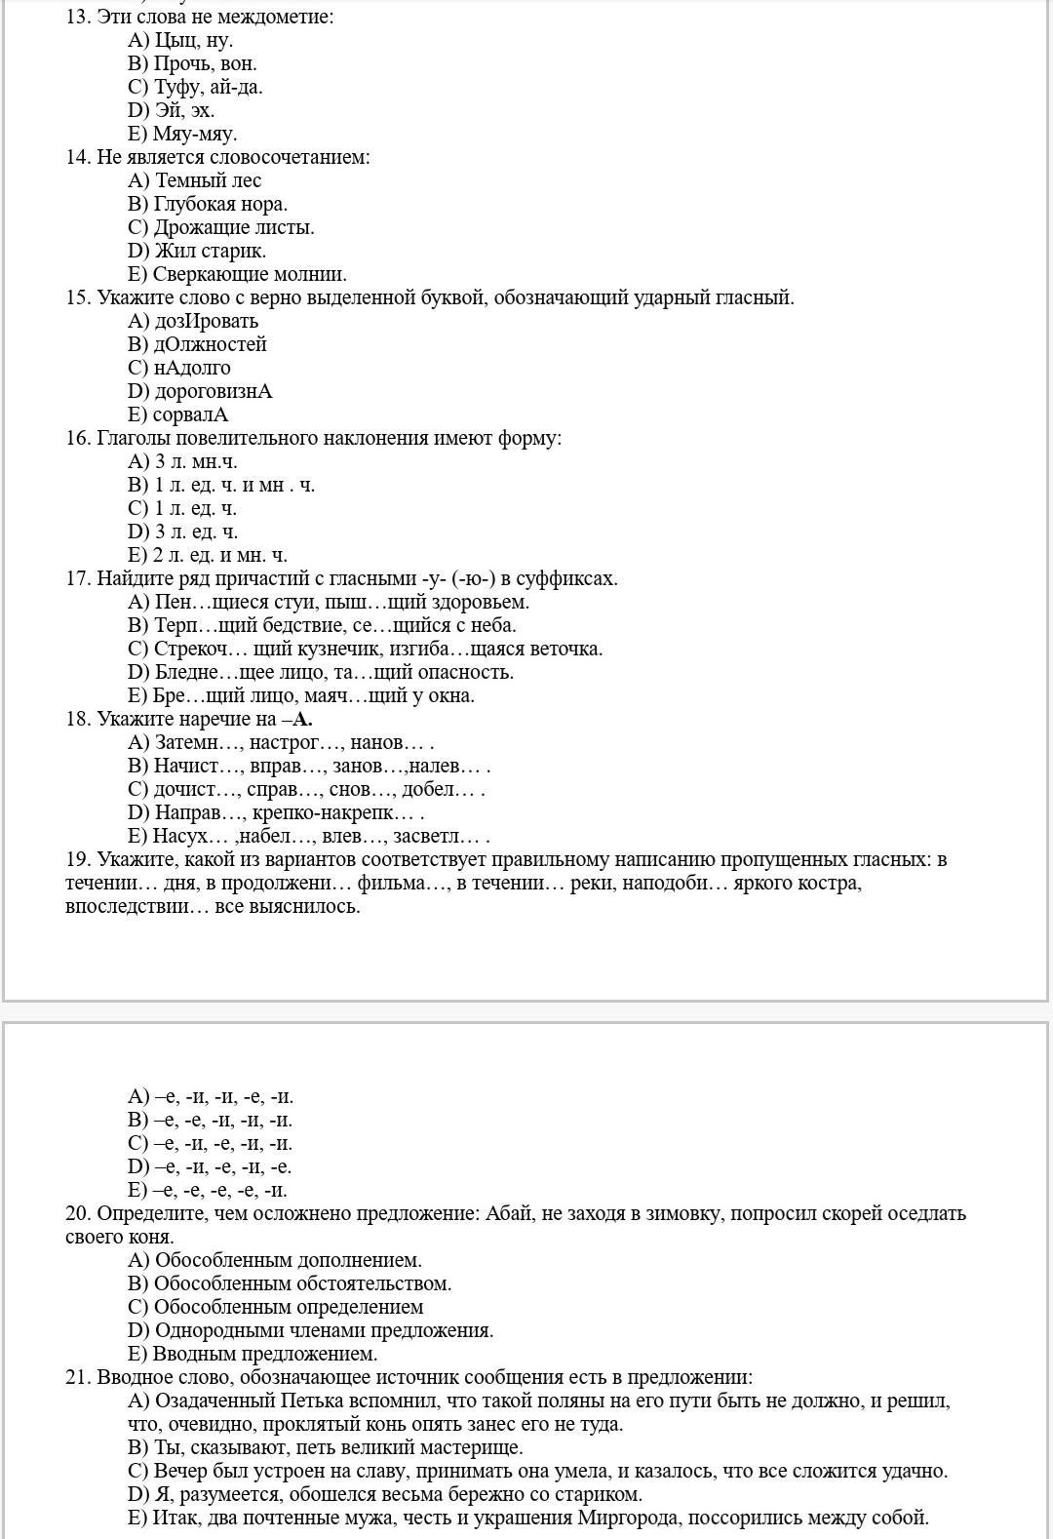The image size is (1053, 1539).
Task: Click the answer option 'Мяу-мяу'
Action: pos(194,134)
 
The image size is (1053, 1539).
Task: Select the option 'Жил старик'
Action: pos(210,251)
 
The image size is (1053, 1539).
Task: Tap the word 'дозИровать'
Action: pos(206,321)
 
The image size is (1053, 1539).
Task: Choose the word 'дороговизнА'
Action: pos(214,391)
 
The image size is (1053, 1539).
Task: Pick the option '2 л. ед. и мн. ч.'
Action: pos(219,555)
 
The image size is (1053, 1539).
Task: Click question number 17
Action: pos(78,578)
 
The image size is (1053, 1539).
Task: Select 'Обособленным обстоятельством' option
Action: pos(302,1283)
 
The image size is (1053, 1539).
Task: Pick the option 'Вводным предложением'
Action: pos(264,1354)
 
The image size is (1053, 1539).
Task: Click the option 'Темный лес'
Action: pos(208,180)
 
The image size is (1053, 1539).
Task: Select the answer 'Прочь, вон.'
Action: pos(205,63)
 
